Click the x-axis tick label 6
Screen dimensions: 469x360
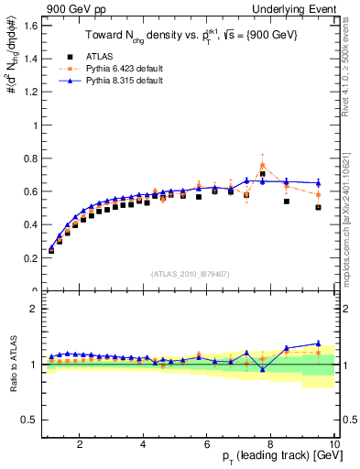point(207,445)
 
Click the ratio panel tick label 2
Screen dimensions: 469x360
point(33,309)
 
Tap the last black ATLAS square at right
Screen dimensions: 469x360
point(318,207)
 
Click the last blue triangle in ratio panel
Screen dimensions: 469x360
point(318,344)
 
